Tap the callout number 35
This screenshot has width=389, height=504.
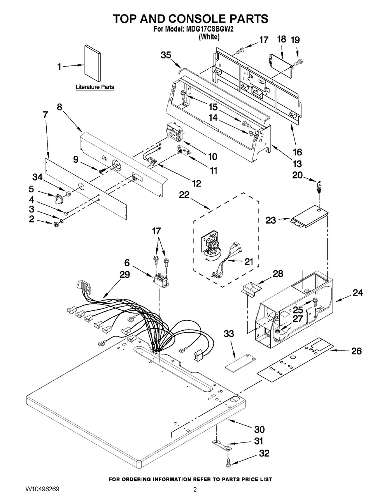pyautogui.click(x=166, y=55)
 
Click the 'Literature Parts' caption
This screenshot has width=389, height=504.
pyautogui.click(x=95, y=87)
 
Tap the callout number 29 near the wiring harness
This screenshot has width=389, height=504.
pyautogui.click(x=124, y=275)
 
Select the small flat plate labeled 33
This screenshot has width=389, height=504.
pyautogui.click(x=240, y=362)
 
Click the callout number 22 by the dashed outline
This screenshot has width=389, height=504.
pyautogui.click(x=184, y=195)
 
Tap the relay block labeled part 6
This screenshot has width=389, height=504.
pyautogui.click(x=160, y=282)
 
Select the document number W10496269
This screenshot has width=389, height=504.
pyautogui.click(x=42, y=495)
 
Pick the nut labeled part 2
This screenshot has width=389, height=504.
pyautogui.click(x=56, y=225)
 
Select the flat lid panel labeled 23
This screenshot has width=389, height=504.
pyautogui.click(x=310, y=217)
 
